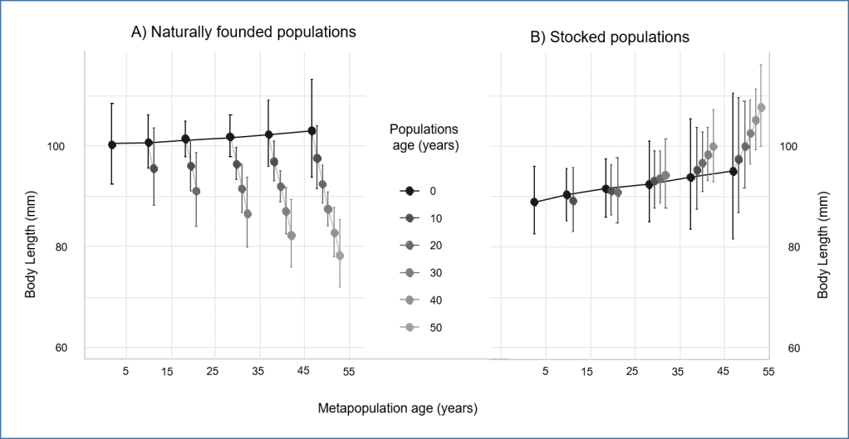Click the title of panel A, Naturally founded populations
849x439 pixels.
point(243,32)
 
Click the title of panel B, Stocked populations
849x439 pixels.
point(610,37)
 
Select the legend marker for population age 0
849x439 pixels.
point(408,191)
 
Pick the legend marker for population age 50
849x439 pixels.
point(408,327)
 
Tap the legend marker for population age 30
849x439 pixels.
point(408,272)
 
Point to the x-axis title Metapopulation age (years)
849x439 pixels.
point(398,408)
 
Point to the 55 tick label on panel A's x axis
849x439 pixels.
point(348,371)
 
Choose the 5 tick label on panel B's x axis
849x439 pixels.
point(546,371)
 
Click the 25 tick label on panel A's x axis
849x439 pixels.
point(212,371)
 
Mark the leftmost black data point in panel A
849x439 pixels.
point(112,144)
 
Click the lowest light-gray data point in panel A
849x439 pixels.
point(340,256)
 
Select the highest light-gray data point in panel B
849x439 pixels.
point(761,108)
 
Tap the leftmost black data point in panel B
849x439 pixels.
point(534,202)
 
